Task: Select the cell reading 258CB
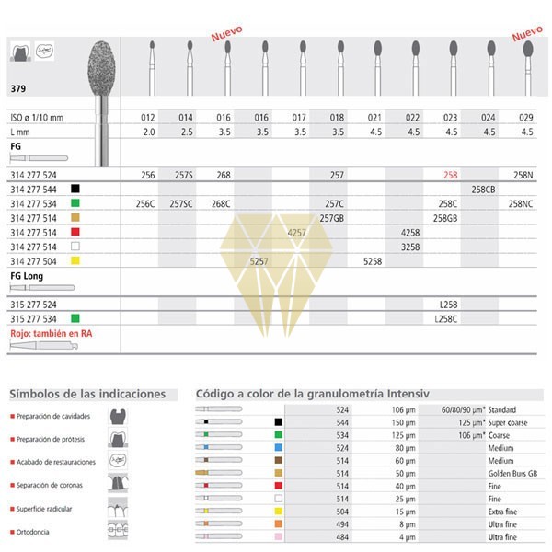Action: point(484,188)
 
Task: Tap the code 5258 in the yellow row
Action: point(373,261)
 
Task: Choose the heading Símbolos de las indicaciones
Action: point(87,394)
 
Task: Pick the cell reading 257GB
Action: point(332,217)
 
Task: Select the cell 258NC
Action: point(527,202)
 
